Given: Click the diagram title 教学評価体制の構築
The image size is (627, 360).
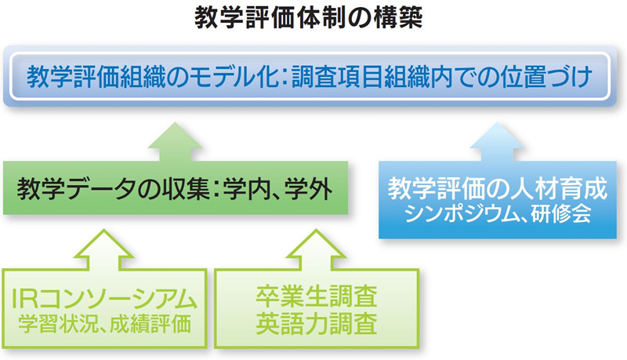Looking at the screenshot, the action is pos(308,18).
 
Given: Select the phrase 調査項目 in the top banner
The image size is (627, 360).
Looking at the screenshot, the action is pos(338,76).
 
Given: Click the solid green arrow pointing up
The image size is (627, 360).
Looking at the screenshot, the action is pos(175,142).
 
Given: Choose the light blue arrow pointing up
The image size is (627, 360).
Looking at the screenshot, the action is pos(497,142).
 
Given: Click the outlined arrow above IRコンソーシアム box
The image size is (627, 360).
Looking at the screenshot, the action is pos(104,249).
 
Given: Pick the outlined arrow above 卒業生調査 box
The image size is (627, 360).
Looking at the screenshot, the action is pos(316,249).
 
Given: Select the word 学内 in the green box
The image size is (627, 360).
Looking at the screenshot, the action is pos(246,188).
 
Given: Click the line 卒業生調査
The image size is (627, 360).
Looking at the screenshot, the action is pos(317,296).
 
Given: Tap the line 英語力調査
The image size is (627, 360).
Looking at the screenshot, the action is pos(317,323).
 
